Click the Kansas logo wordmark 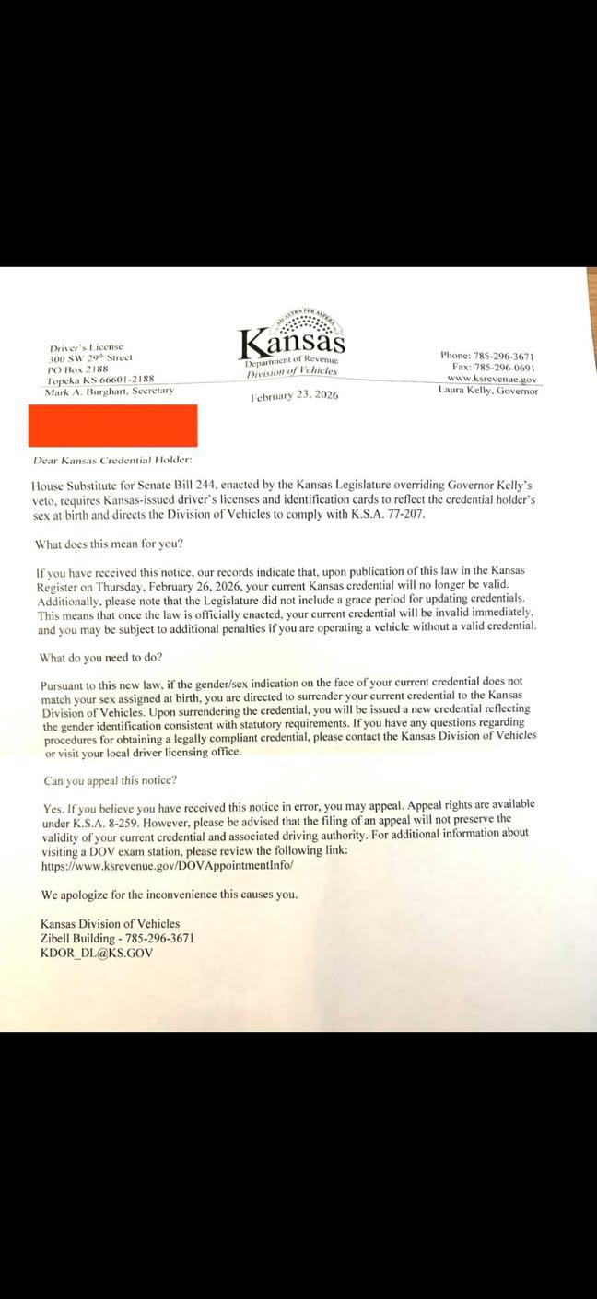coord(293,344)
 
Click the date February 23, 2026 coord(295,395)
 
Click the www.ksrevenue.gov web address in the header coord(491,379)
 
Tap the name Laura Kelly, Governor coord(487,390)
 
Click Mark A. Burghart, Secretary coord(109,391)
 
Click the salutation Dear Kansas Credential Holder coord(112,459)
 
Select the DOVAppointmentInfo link coord(167,866)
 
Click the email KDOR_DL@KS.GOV coord(97,953)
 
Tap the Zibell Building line coord(117,938)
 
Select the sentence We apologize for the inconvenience coord(170,895)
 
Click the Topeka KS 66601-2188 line coord(101,379)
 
